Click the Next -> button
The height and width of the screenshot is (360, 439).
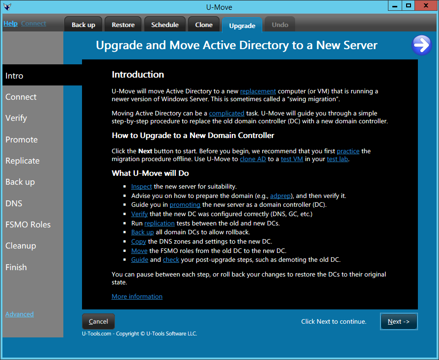[x=399, y=321]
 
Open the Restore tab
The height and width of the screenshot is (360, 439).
[x=123, y=25]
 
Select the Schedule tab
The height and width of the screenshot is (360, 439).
[x=165, y=25]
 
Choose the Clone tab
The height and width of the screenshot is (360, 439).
[x=204, y=25]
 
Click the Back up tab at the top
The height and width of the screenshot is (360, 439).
[x=83, y=25]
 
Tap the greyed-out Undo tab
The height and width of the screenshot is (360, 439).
[x=280, y=25]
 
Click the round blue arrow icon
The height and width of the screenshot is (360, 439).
[x=422, y=45]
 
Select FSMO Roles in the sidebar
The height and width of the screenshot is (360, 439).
[x=28, y=224]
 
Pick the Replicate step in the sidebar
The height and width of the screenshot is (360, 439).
[x=23, y=161]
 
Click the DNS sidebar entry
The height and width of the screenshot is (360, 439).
[x=14, y=203]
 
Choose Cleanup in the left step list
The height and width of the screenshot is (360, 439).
[x=21, y=246]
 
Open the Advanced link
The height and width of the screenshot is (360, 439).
[x=20, y=314]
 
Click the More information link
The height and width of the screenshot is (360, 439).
[x=137, y=297]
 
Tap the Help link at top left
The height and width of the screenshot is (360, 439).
[x=10, y=24]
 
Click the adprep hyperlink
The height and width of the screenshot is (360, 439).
[x=280, y=195]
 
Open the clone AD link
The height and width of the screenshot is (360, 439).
[x=253, y=159]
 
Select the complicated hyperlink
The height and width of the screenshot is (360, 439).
[x=226, y=113]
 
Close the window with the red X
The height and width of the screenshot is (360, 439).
[x=426, y=5]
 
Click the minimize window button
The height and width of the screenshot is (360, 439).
[x=395, y=5]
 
